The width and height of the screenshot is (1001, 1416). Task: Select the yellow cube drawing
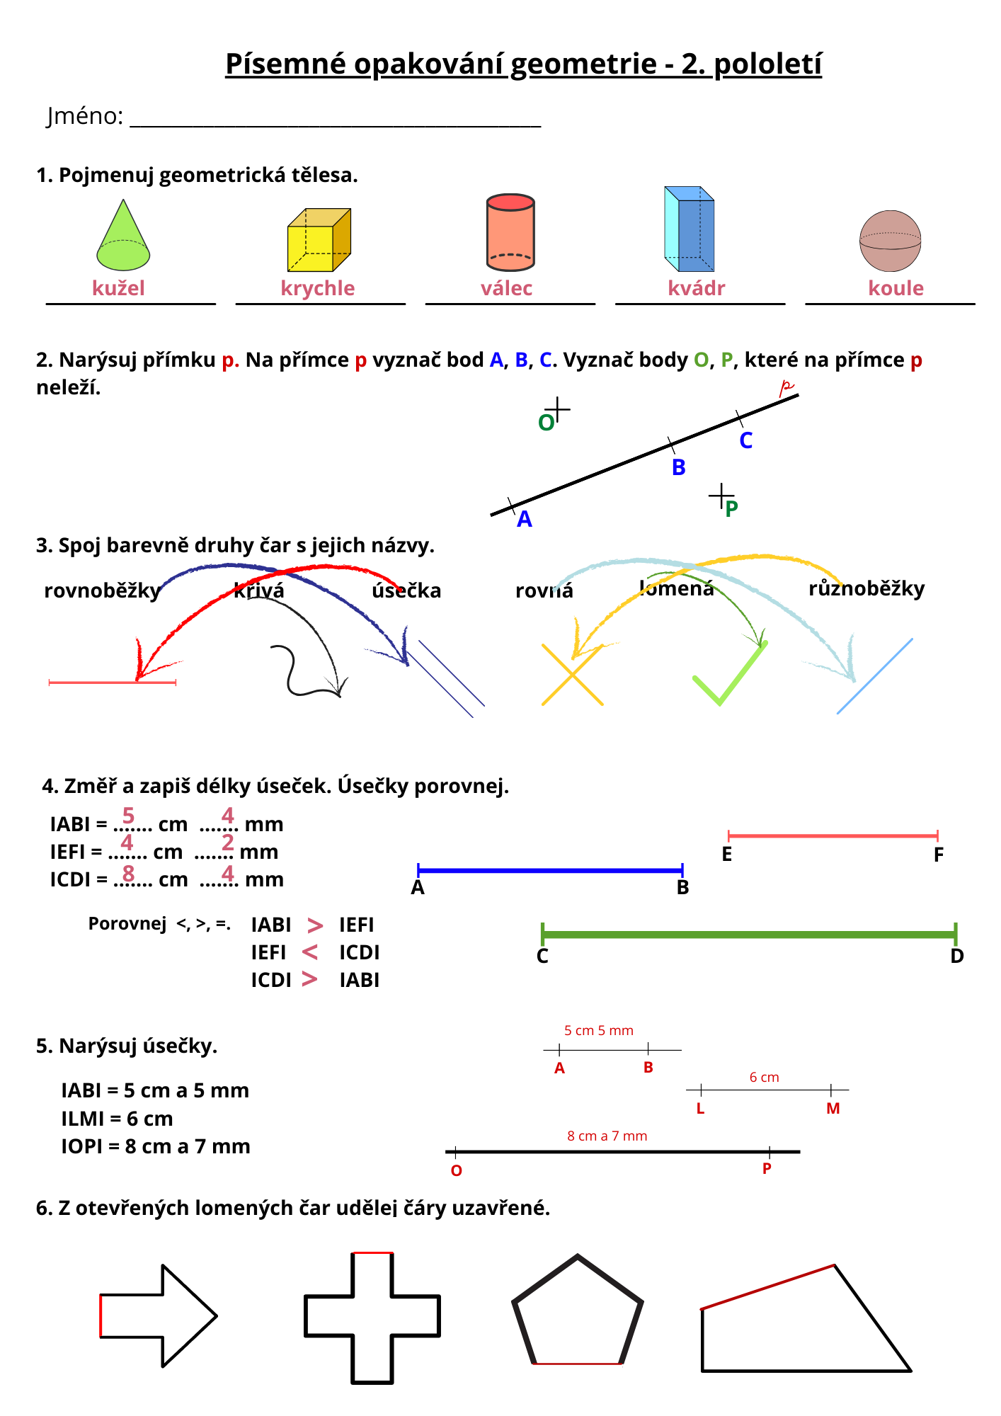pyautogui.click(x=319, y=240)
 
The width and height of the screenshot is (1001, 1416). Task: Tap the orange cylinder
pyautogui.click(x=510, y=232)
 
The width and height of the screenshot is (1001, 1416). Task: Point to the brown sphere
pyautogui.click(x=890, y=241)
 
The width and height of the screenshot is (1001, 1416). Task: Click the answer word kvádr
pyautogui.click(x=697, y=288)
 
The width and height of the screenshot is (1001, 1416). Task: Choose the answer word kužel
pyautogui.click(x=118, y=288)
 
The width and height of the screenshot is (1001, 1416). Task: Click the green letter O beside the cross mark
pyautogui.click(x=546, y=423)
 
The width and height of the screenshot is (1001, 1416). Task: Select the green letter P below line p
pyautogui.click(x=732, y=508)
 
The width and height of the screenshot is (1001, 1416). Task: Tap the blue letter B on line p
pyautogui.click(x=679, y=467)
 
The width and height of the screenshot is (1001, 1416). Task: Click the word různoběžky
pyautogui.click(x=866, y=588)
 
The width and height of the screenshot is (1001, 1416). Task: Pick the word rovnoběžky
pyautogui.click(x=103, y=590)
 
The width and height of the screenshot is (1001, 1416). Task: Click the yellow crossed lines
pyautogui.click(x=572, y=675)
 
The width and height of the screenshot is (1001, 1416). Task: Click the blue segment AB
pyautogui.click(x=550, y=870)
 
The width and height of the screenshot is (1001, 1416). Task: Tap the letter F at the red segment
pyautogui.click(x=939, y=855)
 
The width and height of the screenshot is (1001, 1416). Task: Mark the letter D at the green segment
pyautogui.click(x=957, y=957)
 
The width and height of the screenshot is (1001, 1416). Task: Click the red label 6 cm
pyautogui.click(x=765, y=1077)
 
